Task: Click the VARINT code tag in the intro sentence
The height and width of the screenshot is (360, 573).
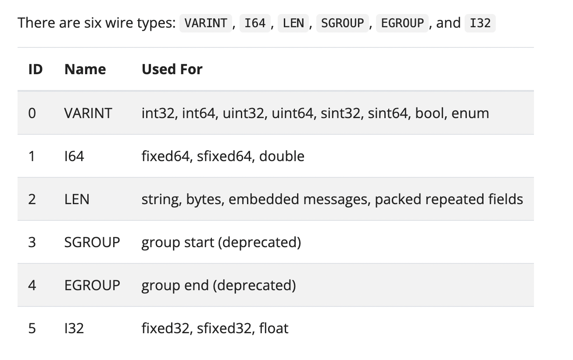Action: point(205,23)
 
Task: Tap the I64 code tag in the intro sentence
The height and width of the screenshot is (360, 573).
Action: point(255,23)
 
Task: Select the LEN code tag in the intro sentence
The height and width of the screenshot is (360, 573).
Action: point(293,23)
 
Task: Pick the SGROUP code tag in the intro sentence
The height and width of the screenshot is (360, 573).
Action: point(342,23)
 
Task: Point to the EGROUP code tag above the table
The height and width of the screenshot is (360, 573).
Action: point(402,23)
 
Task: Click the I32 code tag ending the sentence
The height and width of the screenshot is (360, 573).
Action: point(480,23)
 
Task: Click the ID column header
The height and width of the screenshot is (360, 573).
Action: point(35,69)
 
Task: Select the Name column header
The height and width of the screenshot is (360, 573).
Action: point(85,69)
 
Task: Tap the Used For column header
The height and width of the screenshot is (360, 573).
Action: point(172,69)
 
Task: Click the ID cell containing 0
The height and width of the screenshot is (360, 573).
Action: point(32,113)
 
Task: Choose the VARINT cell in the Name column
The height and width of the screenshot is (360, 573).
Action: point(88,113)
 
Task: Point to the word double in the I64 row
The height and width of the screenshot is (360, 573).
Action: point(282,156)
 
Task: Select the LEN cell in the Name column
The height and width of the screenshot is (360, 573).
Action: point(77,199)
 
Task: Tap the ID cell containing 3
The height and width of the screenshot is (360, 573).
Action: point(32,242)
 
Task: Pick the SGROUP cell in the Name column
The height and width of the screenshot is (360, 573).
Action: point(92,242)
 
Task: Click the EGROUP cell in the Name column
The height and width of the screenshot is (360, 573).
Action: point(92,285)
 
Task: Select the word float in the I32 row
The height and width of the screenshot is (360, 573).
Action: point(274,328)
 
